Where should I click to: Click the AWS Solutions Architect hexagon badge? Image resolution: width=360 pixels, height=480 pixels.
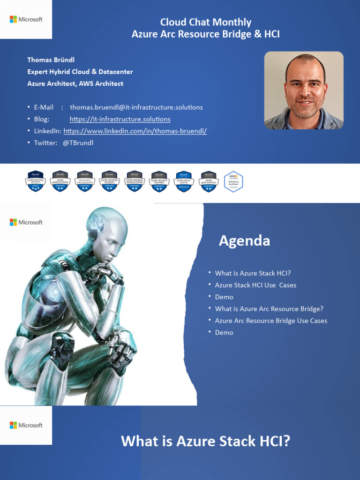pyautogui.click(x=233, y=181)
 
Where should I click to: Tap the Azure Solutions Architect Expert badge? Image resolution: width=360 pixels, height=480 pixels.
pyautogui.click(x=35, y=181)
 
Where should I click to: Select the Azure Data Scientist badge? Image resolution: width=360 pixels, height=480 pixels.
pyautogui.click(x=209, y=181)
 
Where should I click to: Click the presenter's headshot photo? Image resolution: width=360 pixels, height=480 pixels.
pyautogui.click(x=304, y=90)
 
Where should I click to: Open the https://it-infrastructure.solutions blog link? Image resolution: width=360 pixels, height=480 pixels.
pyautogui.click(x=120, y=119)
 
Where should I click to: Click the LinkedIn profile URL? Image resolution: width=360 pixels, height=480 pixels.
pyautogui.click(x=135, y=131)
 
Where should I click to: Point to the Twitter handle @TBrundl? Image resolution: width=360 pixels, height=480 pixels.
pyautogui.click(x=78, y=142)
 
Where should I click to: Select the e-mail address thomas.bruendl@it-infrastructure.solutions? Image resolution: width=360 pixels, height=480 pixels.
pyautogui.click(x=136, y=107)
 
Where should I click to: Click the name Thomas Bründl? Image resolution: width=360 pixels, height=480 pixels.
pyautogui.click(x=50, y=60)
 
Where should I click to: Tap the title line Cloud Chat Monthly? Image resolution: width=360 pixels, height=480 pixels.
pyautogui.click(x=206, y=22)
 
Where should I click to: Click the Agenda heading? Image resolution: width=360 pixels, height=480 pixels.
pyautogui.click(x=244, y=241)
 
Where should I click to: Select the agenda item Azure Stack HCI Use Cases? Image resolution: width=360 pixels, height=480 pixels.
pyautogui.click(x=255, y=285)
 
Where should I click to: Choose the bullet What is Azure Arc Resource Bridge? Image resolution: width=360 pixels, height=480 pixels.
pyautogui.click(x=269, y=309)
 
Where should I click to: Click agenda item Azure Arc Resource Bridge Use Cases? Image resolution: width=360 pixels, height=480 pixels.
pyautogui.click(x=271, y=321)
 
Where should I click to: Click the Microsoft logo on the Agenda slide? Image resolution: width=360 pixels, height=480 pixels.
pyautogui.click(x=26, y=222)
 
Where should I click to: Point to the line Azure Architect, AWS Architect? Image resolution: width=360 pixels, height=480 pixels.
pyautogui.click(x=75, y=83)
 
